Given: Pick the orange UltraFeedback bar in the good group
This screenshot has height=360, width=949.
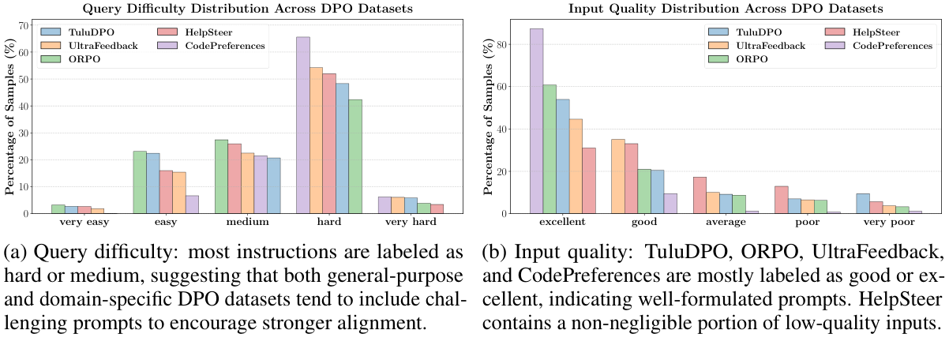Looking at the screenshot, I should (x=618, y=176).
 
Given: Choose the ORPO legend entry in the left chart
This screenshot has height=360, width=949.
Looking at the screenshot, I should (x=77, y=61).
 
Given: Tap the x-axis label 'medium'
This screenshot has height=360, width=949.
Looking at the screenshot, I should (x=238, y=223).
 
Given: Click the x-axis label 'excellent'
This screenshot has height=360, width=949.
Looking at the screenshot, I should (x=562, y=223).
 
